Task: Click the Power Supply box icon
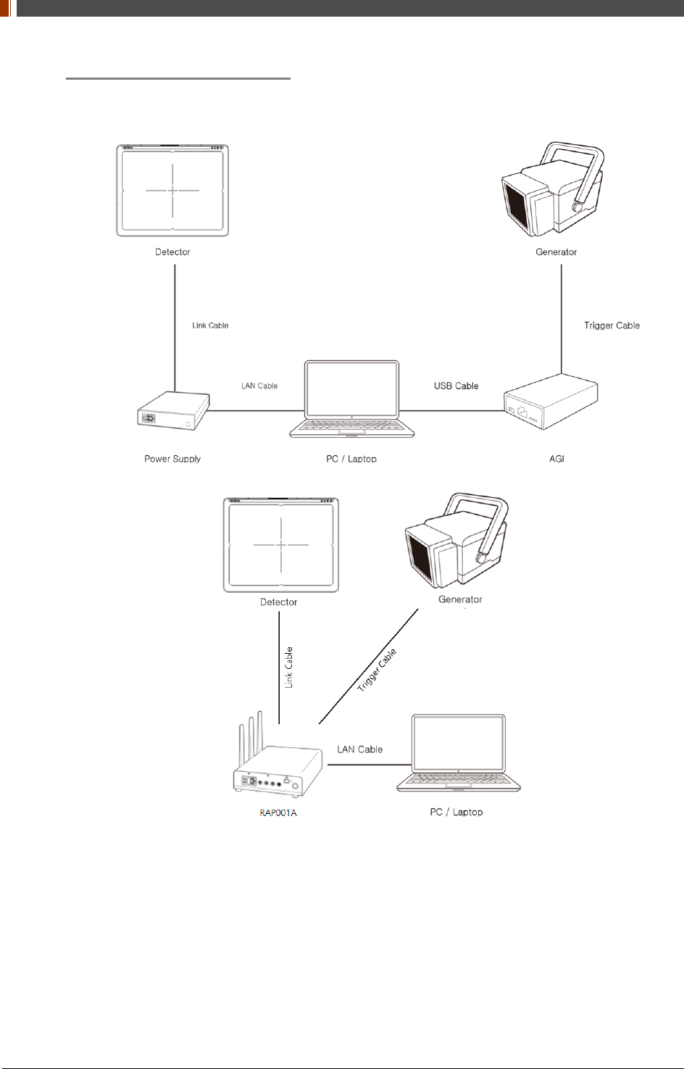click(x=173, y=411)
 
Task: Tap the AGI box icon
click(x=551, y=403)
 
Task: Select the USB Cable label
click(x=456, y=386)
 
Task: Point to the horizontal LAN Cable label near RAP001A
click(x=359, y=749)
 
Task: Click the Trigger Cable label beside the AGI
click(x=612, y=325)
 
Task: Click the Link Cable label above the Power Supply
click(x=210, y=325)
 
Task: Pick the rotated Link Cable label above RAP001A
click(x=288, y=667)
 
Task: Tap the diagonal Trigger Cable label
click(x=377, y=670)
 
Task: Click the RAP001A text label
click(x=278, y=812)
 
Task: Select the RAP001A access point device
click(x=278, y=772)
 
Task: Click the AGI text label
click(x=556, y=459)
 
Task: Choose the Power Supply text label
click(x=172, y=459)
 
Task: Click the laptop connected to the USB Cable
click(x=352, y=399)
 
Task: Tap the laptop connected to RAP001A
click(x=459, y=754)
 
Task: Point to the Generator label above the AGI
click(x=556, y=252)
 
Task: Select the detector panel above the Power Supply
click(x=172, y=191)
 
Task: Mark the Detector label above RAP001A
click(x=278, y=602)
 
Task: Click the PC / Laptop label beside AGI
click(x=351, y=459)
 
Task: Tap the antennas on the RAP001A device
click(x=250, y=735)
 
